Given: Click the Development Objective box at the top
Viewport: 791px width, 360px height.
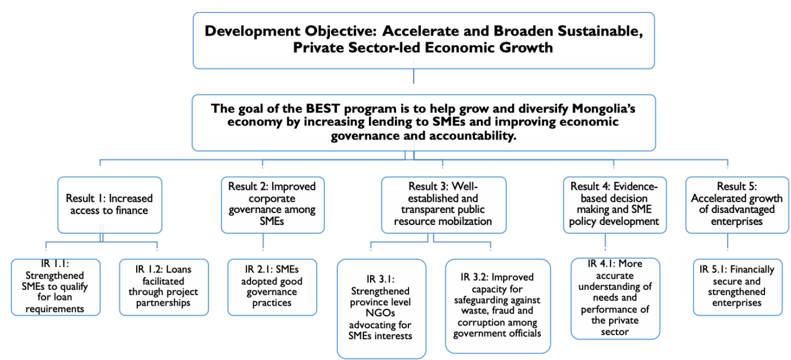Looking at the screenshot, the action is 424,41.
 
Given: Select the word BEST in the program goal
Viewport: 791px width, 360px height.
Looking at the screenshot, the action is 323,108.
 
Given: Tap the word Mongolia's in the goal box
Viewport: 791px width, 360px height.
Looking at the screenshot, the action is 603,108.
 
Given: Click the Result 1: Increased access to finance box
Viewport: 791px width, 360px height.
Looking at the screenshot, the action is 110,205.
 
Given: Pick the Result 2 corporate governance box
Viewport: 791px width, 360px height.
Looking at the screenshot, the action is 272,205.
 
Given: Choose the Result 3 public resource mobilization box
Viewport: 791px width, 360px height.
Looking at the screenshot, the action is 444,205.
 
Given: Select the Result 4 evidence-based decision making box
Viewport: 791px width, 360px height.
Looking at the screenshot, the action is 615,205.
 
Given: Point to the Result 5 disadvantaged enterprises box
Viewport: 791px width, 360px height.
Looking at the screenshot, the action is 737,205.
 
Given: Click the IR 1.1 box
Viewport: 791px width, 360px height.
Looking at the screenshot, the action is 56,287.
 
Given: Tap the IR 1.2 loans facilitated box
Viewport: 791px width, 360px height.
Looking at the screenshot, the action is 164,287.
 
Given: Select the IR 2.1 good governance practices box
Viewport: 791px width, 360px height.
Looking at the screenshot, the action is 272,287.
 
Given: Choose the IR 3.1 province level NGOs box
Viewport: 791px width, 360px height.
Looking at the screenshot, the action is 381,309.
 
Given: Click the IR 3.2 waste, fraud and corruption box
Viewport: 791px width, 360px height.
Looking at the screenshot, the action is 498,306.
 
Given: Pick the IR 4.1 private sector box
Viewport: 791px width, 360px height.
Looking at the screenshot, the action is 615,298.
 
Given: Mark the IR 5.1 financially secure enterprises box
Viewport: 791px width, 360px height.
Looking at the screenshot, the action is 738,287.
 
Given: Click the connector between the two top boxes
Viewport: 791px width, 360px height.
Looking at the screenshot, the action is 414,76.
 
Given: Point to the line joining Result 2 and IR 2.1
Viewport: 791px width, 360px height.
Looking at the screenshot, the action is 263,242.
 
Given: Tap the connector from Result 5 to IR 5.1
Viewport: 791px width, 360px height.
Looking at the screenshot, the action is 728,242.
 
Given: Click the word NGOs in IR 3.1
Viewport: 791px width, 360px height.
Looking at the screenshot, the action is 380,313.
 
